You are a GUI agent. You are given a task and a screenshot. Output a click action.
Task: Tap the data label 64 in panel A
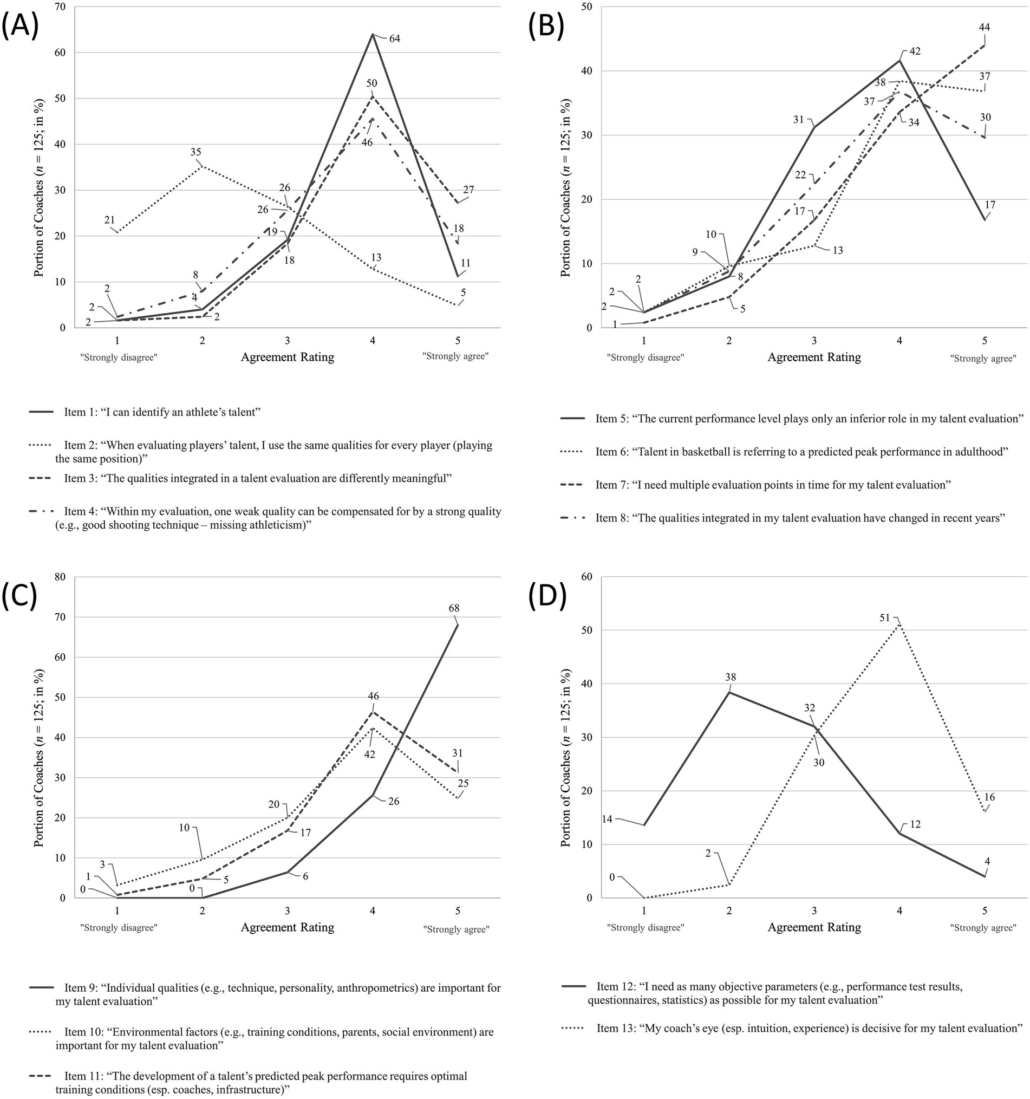tap(394, 39)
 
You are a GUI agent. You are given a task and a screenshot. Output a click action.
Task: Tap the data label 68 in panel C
tap(454, 608)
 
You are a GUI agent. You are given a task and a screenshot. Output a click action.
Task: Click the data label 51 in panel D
tap(885, 618)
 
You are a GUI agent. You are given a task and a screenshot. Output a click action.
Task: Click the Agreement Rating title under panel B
tap(814, 357)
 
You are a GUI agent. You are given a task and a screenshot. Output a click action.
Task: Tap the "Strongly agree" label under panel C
tap(456, 929)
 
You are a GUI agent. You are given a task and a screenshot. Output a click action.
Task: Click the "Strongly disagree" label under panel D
tap(646, 928)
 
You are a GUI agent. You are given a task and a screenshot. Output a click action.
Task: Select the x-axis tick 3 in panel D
tap(814, 911)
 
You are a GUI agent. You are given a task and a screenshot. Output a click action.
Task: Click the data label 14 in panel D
tap(607, 819)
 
